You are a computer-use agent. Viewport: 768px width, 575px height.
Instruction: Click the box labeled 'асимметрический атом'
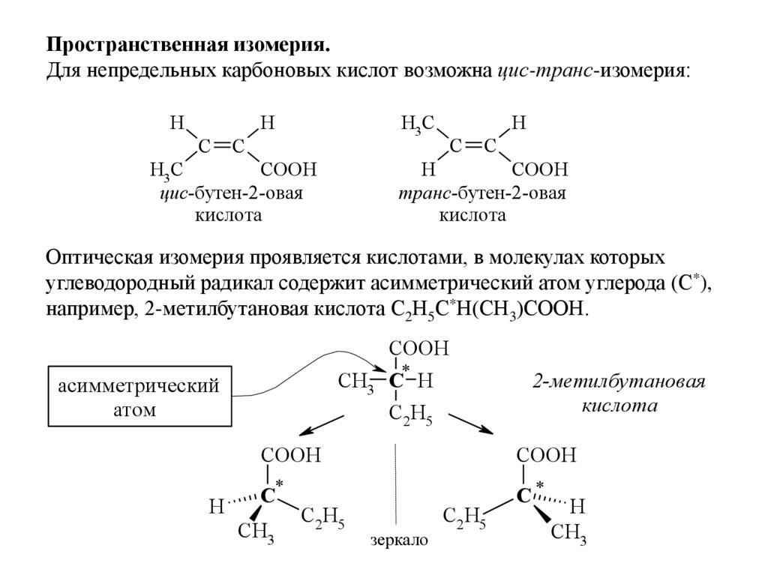point(139,398)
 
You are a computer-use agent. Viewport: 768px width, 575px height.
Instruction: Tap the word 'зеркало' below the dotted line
point(398,540)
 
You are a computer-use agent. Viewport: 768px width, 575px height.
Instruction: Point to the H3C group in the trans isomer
point(418,124)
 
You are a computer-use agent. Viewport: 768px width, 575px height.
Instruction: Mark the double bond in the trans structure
point(470,146)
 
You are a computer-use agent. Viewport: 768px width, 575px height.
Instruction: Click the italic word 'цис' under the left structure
point(172,193)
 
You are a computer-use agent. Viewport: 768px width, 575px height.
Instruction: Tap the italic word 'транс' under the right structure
point(425,193)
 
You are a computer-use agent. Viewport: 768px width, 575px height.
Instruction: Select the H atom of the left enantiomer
point(216,507)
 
